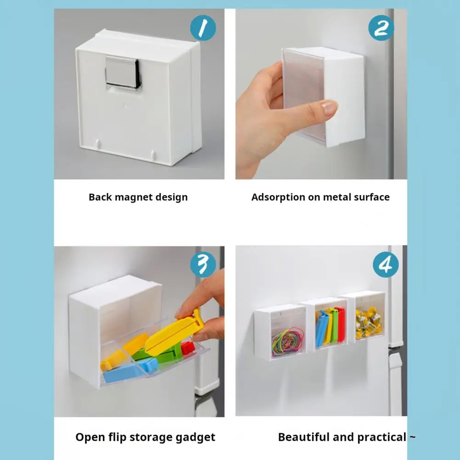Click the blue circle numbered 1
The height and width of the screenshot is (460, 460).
(x=203, y=28)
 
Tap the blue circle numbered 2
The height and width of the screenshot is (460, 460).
(x=381, y=28)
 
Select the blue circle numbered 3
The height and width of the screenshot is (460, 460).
(x=203, y=264)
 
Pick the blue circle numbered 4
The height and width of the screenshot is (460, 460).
(x=386, y=264)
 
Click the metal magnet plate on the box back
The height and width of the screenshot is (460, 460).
(x=123, y=72)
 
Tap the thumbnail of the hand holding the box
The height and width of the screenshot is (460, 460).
(x=321, y=94)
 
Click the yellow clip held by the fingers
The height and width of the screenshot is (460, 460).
(x=174, y=331)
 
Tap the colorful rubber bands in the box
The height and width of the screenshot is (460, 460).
(x=288, y=342)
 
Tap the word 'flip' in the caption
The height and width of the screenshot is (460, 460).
(x=117, y=437)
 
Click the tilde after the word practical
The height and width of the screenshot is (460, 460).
(x=412, y=437)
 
